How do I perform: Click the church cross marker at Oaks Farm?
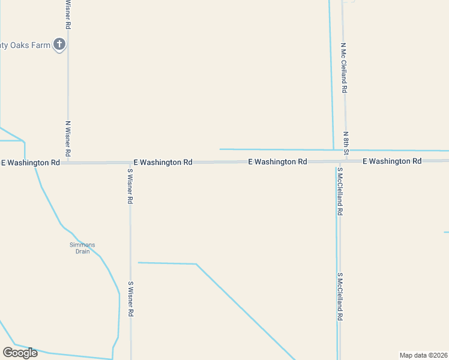click(x=59, y=44)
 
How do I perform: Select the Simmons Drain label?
click(x=82, y=248)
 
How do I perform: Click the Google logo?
click(x=20, y=352)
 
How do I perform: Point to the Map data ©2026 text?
click(x=424, y=355)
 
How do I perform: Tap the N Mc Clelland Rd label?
click(x=345, y=67)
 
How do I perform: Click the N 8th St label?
click(x=346, y=143)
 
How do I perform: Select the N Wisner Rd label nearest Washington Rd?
click(x=68, y=140)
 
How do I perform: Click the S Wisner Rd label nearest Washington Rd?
click(x=130, y=186)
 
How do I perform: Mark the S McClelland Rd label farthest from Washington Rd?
click(x=340, y=296)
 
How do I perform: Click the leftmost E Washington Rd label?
click(x=31, y=163)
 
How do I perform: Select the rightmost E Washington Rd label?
click(x=392, y=161)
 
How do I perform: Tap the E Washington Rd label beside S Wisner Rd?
click(x=163, y=162)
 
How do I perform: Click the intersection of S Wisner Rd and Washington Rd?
click(x=130, y=163)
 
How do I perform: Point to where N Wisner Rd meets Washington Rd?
click(x=68, y=163)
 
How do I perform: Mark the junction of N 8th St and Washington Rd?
click(x=346, y=161)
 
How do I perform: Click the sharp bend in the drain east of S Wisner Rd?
click(x=196, y=264)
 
